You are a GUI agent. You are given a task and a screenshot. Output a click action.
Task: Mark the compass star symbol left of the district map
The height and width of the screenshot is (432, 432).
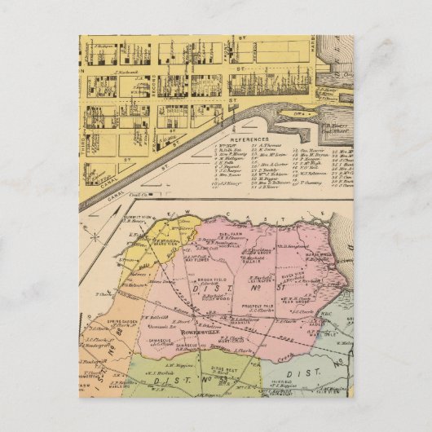coord(97,237)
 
